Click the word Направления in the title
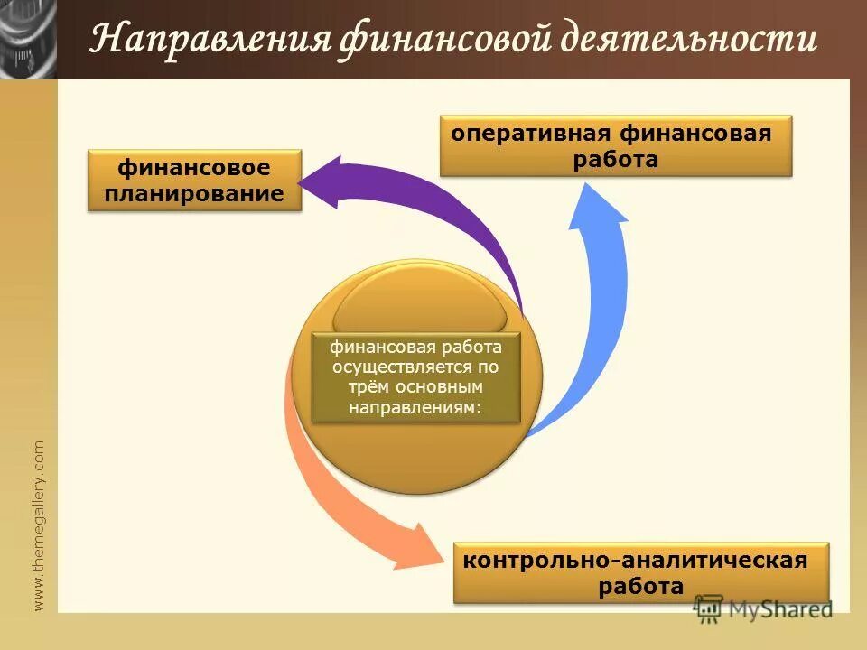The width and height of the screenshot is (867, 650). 210,41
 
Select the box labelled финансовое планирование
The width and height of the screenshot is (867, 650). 194,181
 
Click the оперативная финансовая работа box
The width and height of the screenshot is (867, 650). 616,146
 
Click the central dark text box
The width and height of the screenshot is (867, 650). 416,377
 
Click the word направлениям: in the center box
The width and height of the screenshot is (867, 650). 416,407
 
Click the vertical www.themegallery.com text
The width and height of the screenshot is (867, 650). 38,525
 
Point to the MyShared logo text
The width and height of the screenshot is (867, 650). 782,609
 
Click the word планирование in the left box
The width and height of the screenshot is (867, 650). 194,193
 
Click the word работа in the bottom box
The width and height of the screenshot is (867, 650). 640,587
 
